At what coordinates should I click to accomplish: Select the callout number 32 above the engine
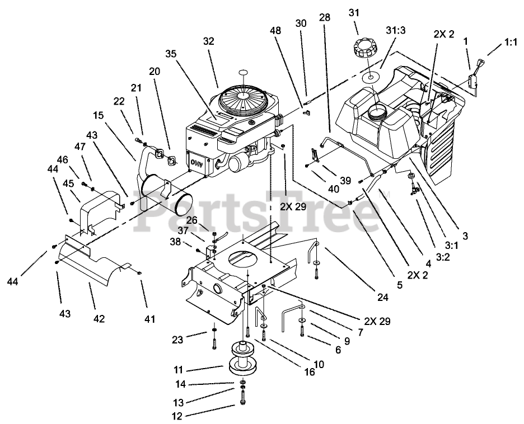click(x=208, y=42)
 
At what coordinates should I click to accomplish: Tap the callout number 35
click(x=171, y=54)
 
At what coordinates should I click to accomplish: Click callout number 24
click(x=382, y=298)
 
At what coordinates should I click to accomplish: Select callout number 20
click(x=155, y=71)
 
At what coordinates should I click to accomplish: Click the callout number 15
click(x=99, y=115)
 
